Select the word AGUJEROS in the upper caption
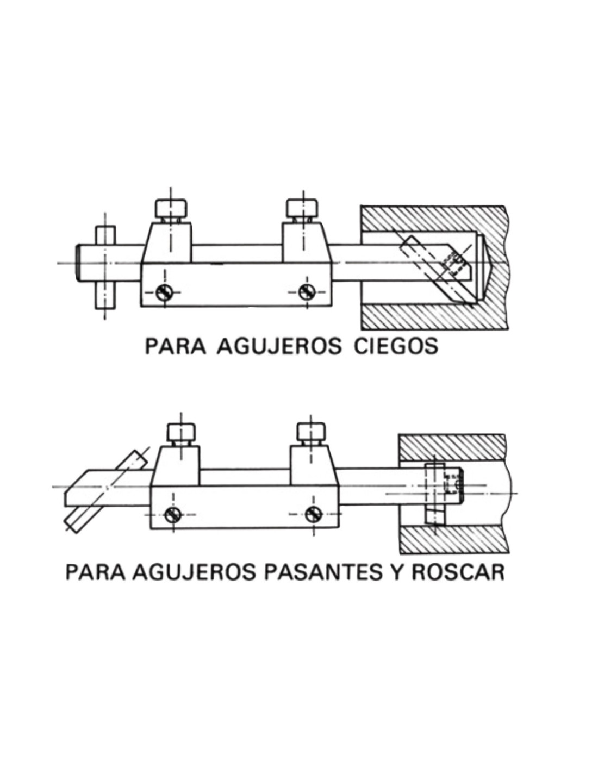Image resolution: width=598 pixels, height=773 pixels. pos(279,346)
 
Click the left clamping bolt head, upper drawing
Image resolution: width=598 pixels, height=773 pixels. pos(172,208)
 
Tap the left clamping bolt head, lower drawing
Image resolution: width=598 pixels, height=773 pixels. pos(180,432)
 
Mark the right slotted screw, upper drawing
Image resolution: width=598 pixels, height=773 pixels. pos(306,292)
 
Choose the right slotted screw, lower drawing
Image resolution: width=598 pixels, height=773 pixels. pos(313,513)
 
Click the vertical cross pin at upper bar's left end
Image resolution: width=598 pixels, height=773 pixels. pos(105,266)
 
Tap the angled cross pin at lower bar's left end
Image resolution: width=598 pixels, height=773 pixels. pos(103,489)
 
